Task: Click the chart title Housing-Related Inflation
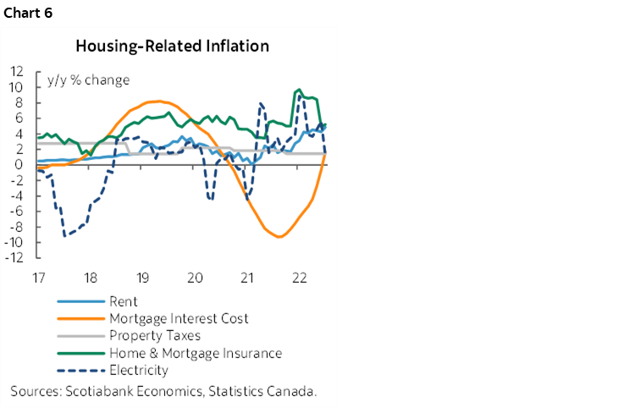(172, 46)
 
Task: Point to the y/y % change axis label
(94, 80)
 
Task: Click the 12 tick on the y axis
(17, 71)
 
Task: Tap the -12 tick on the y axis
(14, 257)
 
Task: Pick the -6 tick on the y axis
(17, 211)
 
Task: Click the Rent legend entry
(124, 301)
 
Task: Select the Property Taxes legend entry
(155, 336)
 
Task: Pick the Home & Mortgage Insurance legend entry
(195, 353)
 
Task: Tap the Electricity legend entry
(139, 370)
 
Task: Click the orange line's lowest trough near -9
(279, 237)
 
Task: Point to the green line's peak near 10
(298, 90)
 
